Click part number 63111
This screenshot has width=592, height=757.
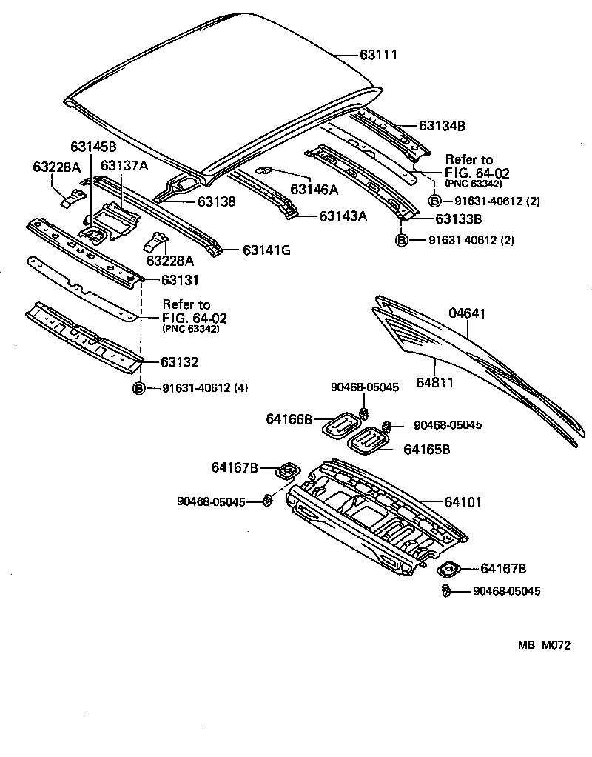pos(379,55)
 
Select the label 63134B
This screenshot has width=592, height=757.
pos(442,126)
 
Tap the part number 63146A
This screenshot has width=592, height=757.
pos(314,190)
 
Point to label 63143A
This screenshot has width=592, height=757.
pos(343,216)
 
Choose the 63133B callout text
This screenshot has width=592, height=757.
pos(459,219)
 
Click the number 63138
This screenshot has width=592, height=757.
pos(216,201)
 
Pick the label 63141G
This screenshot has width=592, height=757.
pos(266,250)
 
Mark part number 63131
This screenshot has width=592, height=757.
pos(180,281)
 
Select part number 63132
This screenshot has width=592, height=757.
pos(180,362)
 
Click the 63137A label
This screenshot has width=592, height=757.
pos(124,165)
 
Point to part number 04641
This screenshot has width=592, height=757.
pos(467,313)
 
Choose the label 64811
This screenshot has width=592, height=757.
pos(434,382)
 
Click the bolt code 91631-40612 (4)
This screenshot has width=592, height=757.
pos(205,388)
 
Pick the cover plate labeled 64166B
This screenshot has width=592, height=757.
pos(341,425)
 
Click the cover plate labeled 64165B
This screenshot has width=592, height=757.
pos(367,442)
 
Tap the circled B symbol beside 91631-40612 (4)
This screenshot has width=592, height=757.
pos(138,388)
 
